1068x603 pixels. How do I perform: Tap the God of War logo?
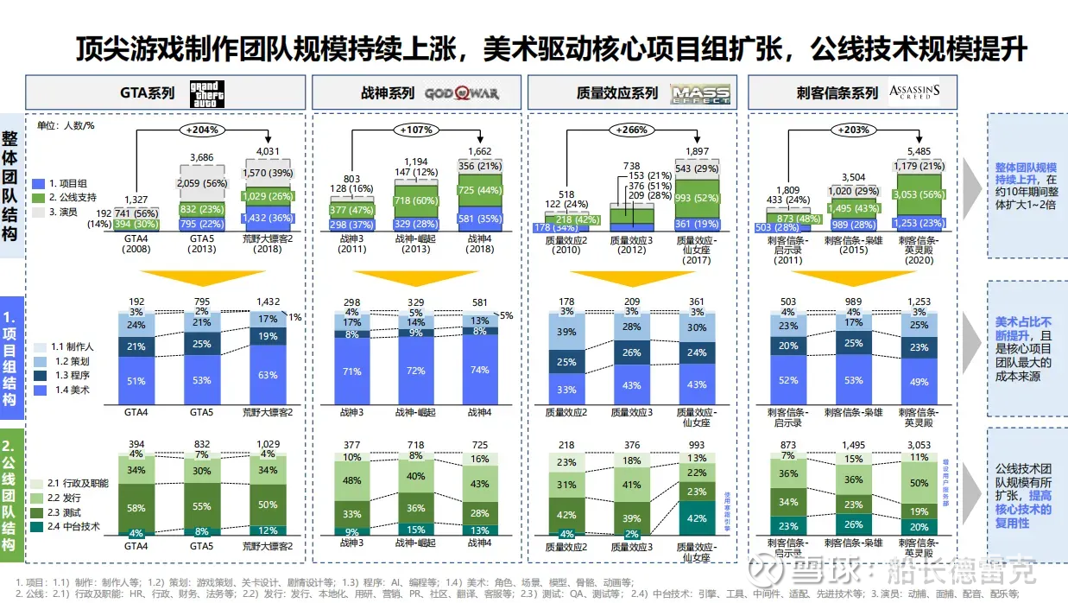point(461,92)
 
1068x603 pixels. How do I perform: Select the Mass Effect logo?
point(700,92)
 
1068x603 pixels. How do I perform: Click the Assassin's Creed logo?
point(913,92)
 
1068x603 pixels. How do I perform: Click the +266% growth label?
point(632,130)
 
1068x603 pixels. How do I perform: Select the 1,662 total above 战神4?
point(478,152)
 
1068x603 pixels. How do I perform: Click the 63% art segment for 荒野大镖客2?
point(269,376)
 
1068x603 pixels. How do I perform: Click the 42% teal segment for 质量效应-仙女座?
point(695,518)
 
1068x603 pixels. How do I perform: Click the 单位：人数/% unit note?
point(66,126)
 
